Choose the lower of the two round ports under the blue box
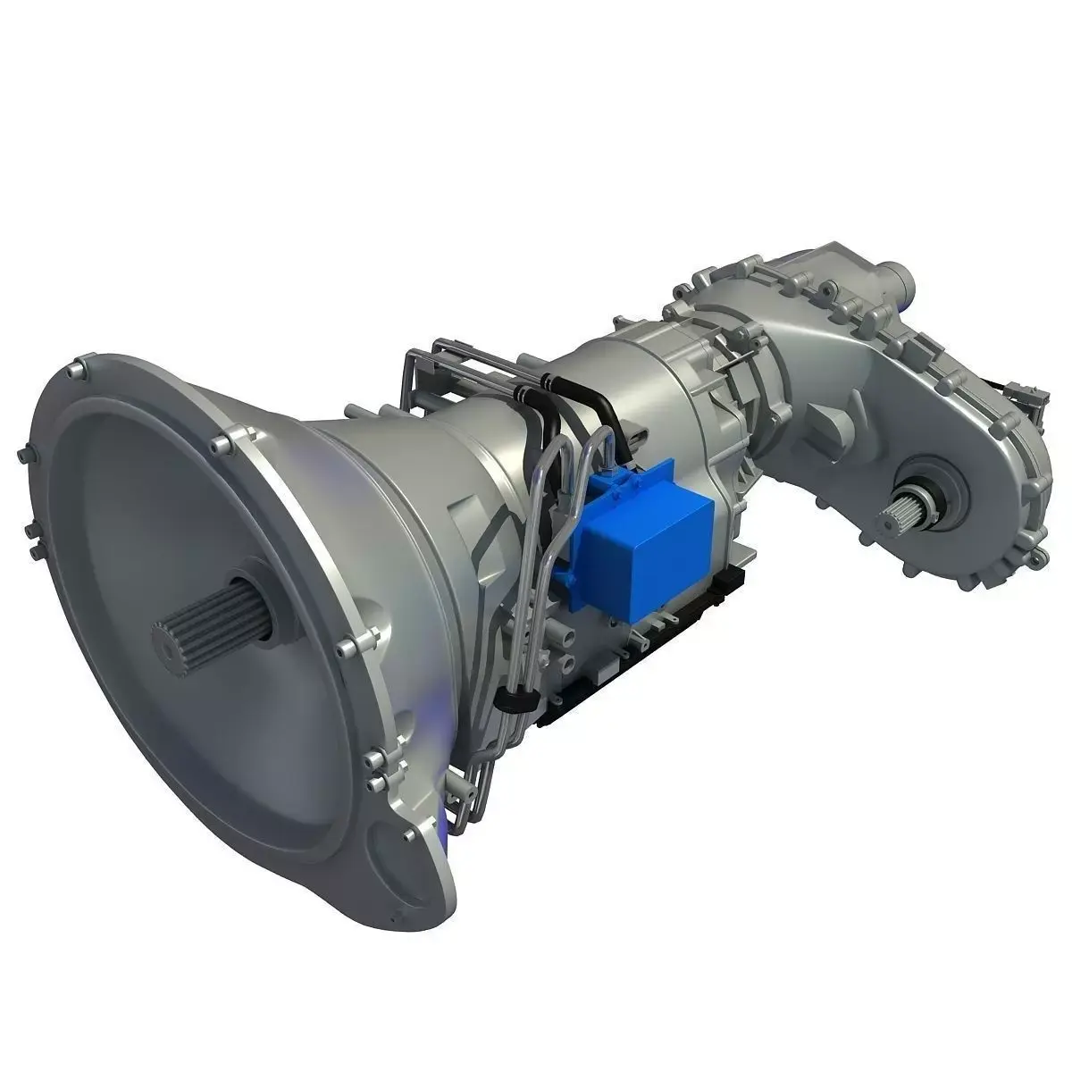[566, 666]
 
